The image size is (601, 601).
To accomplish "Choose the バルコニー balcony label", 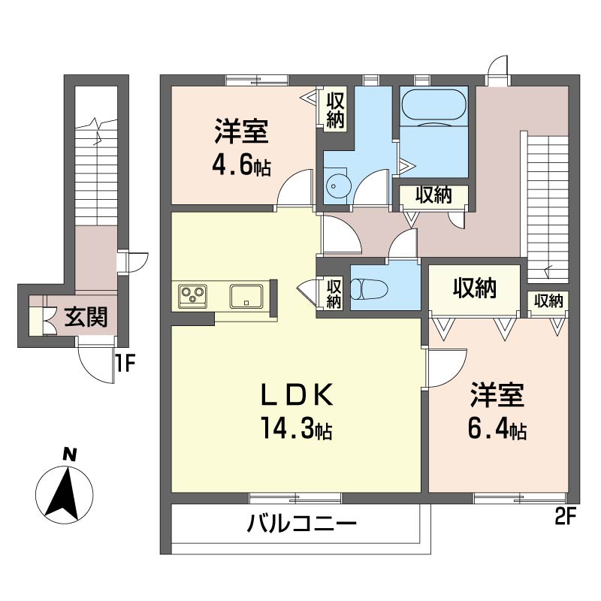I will pyautogui.click(x=300, y=524).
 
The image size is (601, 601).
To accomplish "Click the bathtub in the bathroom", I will pyautogui.click(x=433, y=106).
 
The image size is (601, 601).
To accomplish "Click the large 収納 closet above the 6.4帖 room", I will pyautogui.click(x=474, y=288).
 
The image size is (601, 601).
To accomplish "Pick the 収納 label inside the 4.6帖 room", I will pyautogui.click(x=335, y=109).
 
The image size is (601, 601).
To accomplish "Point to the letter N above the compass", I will pyautogui.click(x=68, y=455).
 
